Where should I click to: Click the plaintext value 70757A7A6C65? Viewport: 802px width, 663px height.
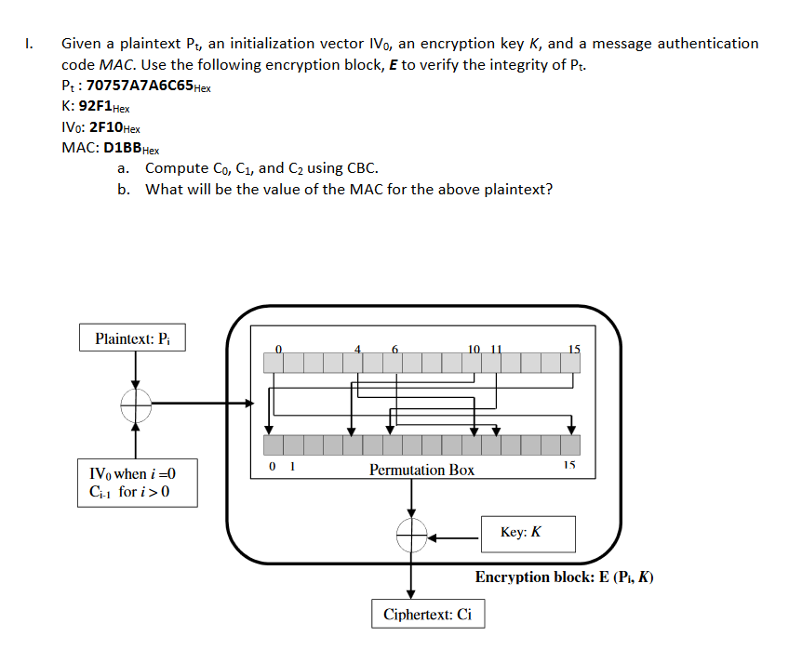(140, 86)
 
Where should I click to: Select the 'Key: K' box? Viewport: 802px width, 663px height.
(528, 533)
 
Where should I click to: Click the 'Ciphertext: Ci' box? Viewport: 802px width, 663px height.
(428, 615)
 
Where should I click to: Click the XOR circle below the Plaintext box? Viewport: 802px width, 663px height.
(136, 404)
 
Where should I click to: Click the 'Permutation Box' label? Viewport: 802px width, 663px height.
(421, 470)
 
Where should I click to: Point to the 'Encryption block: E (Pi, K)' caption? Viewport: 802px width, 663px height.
(564, 577)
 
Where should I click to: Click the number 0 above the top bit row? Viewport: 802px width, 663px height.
(276, 349)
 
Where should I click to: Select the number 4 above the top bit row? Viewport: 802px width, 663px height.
(357, 349)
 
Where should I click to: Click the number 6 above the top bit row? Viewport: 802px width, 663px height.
(395, 349)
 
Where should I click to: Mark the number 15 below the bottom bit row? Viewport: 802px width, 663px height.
(569, 464)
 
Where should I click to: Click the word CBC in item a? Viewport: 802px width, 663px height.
(361, 168)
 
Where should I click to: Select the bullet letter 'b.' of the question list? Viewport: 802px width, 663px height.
(124, 189)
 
